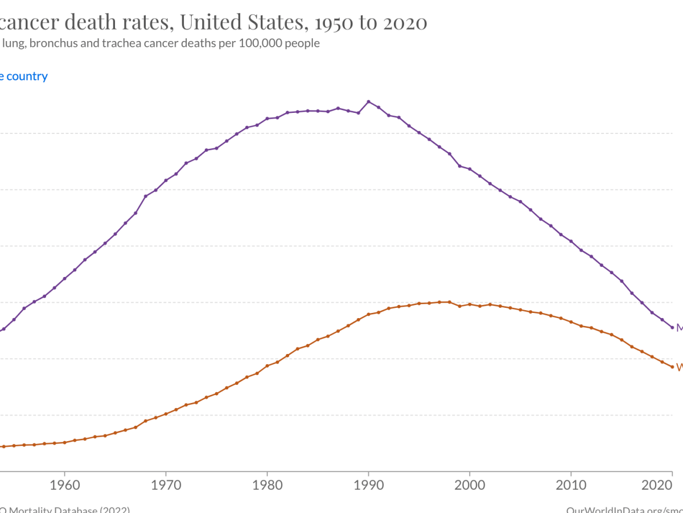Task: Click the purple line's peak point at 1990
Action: pyautogui.click(x=368, y=101)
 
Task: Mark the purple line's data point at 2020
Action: pyautogui.click(x=672, y=327)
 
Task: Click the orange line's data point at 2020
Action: pyautogui.click(x=672, y=367)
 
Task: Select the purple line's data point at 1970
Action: pyautogui.click(x=166, y=180)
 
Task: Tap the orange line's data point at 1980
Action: pyautogui.click(x=267, y=365)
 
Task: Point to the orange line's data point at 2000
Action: pyautogui.click(x=470, y=304)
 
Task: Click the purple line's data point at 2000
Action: pyautogui.click(x=470, y=169)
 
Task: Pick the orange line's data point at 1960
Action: pyautogui.click(x=64, y=442)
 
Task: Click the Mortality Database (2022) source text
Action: pyautogui.click(x=65, y=509)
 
